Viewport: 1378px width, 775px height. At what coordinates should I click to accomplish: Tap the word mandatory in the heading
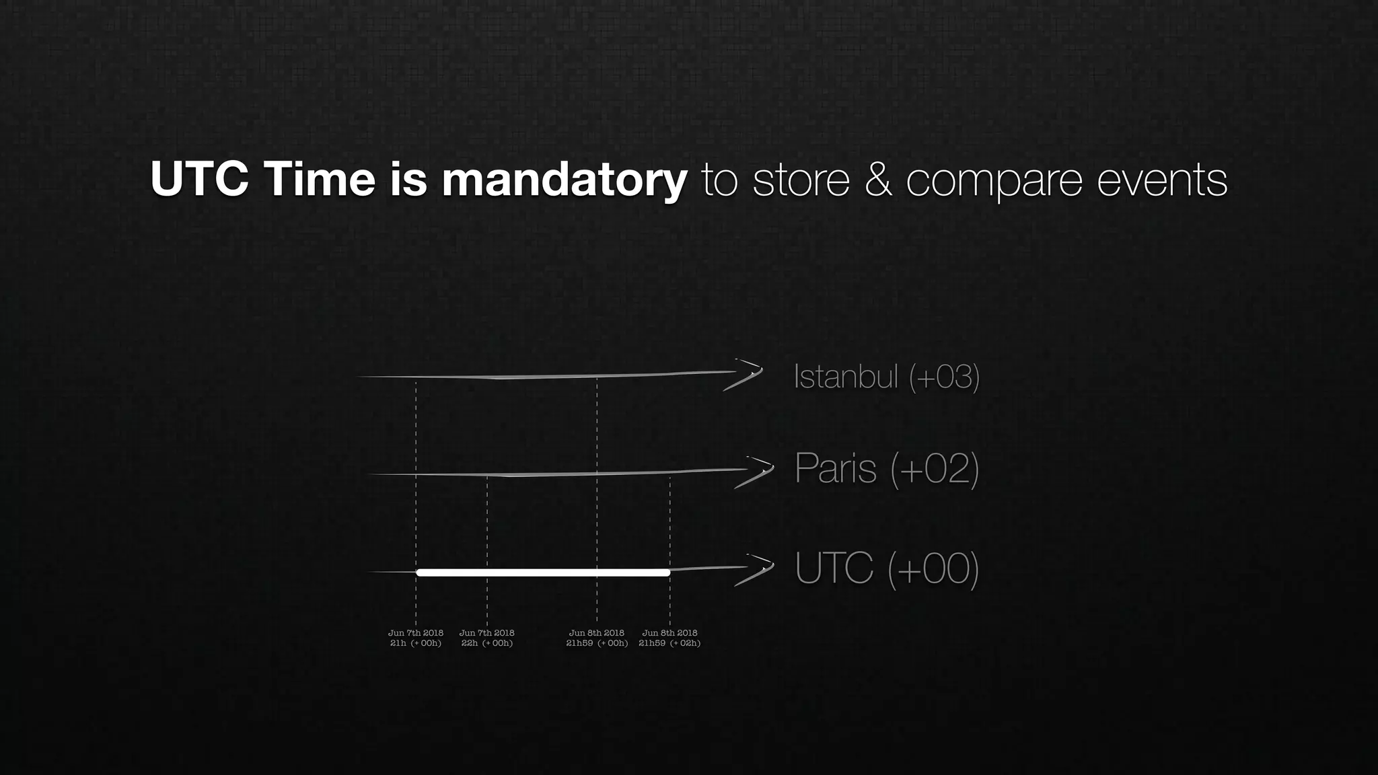click(564, 180)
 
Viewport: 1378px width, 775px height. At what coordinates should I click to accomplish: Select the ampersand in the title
click(878, 179)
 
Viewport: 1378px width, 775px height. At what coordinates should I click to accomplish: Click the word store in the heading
click(801, 180)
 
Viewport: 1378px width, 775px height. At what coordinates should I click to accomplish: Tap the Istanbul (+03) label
click(886, 376)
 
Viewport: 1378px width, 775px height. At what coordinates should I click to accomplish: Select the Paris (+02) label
click(886, 468)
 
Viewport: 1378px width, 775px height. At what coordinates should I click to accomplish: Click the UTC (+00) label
click(886, 568)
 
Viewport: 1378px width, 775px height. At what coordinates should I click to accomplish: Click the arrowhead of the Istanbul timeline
click(747, 375)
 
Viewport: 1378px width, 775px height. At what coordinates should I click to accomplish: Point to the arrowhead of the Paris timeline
click(758, 472)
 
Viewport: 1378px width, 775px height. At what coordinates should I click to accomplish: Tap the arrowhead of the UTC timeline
click(758, 569)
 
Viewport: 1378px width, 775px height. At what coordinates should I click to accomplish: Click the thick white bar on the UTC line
click(542, 573)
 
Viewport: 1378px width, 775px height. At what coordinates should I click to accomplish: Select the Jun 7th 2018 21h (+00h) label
click(416, 638)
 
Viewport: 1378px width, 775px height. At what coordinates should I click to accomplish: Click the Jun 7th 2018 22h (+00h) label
click(487, 638)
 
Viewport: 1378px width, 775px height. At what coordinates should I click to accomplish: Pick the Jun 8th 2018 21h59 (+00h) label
click(597, 638)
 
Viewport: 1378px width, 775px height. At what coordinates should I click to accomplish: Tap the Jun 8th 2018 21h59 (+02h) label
click(669, 638)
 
